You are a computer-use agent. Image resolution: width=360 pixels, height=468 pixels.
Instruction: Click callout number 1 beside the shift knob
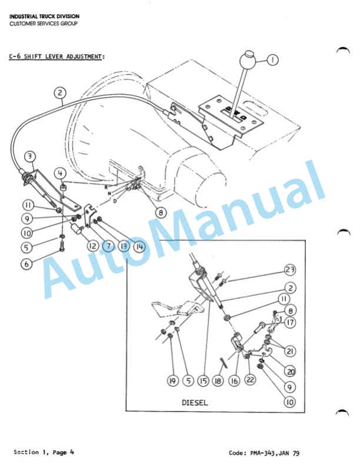coord(272,59)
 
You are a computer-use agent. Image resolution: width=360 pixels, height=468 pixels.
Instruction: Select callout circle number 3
coord(31,157)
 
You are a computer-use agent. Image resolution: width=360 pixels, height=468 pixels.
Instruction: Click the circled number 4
coord(61,174)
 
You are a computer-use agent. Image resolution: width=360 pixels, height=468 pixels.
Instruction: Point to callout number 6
coord(26,264)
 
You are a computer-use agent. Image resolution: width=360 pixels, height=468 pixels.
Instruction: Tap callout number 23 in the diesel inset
coord(289,270)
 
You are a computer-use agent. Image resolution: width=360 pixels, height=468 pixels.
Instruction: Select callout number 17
coord(290,323)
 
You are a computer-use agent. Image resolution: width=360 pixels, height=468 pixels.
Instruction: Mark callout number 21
coord(290,351)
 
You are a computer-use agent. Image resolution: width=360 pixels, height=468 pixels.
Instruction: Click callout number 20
coord(290,371)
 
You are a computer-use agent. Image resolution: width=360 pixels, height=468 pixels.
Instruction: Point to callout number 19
coord(172,381)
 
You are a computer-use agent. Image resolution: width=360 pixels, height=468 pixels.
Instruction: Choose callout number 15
coord(203,381)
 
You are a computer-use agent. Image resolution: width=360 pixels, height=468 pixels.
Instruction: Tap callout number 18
coord(219,381)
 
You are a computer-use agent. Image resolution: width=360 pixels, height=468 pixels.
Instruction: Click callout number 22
coord(250,381)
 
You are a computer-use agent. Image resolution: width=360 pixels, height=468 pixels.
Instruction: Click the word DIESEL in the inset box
coord(195,403)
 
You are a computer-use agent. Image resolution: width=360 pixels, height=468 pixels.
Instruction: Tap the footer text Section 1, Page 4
coord(44,452)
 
